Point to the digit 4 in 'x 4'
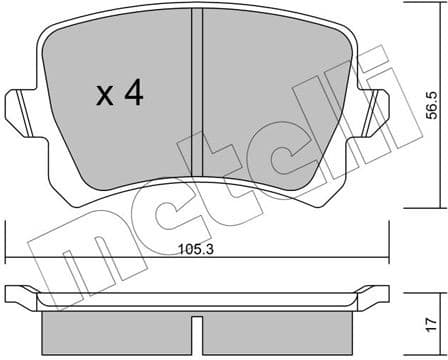[133, 95]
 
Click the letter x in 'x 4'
[103, 98]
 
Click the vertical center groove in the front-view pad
[198, 90]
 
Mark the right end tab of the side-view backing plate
[374, 295]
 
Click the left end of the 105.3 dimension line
[7, 254]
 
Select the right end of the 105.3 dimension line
[389, 254]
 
